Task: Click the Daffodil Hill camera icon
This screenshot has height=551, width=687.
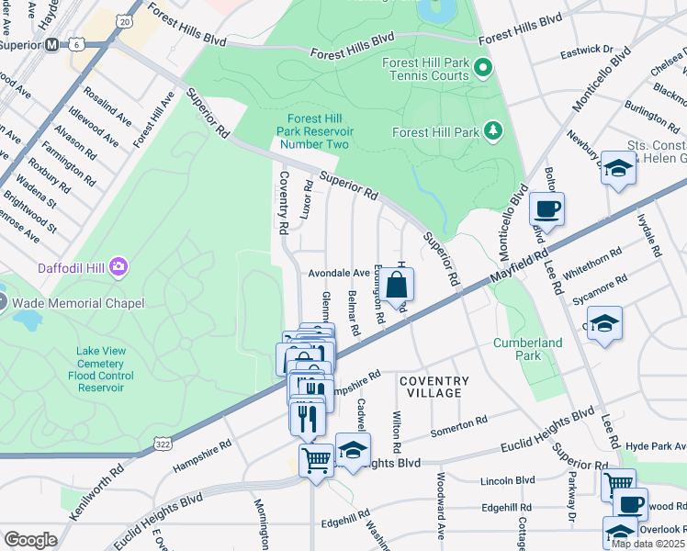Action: (118, 267)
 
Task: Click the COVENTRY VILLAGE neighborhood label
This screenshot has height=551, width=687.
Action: (434, 387)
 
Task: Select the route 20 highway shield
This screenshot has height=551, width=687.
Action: (125, 20)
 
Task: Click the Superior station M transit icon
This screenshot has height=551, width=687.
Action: (52, 44)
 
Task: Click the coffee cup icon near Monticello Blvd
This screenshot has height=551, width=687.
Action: (546, 208)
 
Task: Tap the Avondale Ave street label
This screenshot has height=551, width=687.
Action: (338, 273)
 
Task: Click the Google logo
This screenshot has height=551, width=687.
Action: (30, 540)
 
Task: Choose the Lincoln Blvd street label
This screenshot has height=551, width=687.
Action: (507, 480)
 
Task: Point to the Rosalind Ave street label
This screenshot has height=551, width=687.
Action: (107, 107)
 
